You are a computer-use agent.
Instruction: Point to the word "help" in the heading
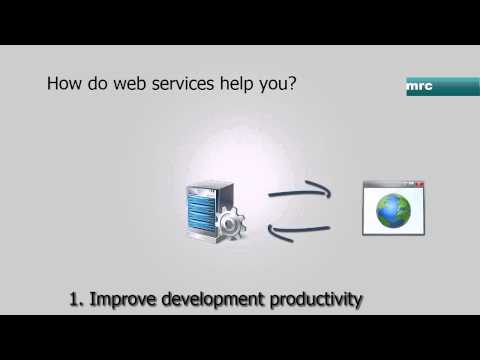click(240, 84)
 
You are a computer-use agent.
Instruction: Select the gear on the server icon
click(230, 225)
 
